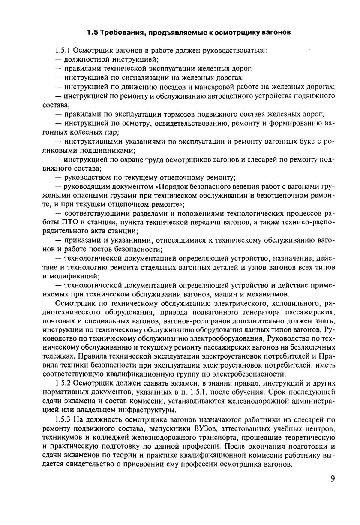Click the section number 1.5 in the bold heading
pos(92,32)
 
